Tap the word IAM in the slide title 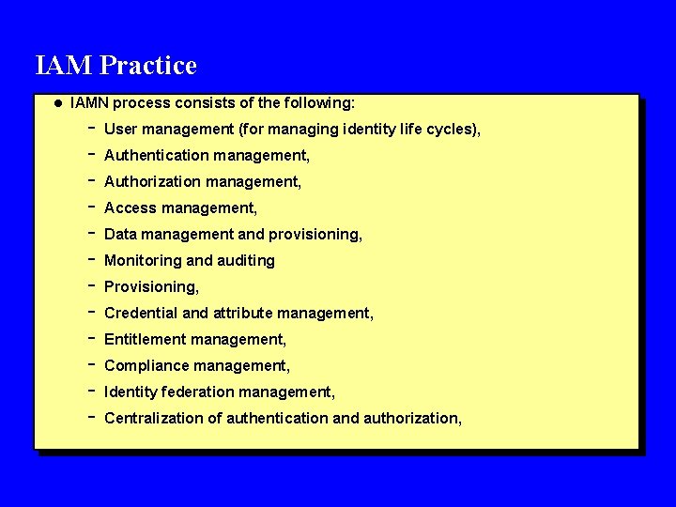pos(64,67)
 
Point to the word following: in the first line pos(320,102)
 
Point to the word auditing pos(246,260)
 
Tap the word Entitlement pos(145,339)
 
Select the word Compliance pos(146,365)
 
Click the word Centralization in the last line pos(151,418)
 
